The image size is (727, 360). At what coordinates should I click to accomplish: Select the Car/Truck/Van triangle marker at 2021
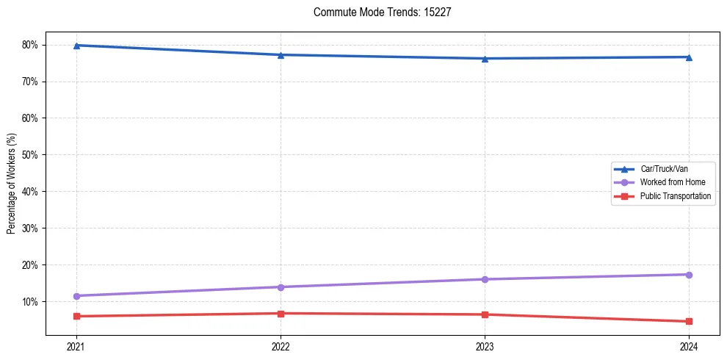[76, 46]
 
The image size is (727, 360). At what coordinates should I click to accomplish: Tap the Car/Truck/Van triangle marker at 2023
[485, 58]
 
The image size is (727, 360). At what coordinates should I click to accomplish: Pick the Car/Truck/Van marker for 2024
[689, 57]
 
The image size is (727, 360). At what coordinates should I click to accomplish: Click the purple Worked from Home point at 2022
[281, 287]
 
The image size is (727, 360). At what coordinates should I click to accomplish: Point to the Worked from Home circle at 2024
[689, 275]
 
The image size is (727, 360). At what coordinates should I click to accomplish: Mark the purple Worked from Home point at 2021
[76, 296]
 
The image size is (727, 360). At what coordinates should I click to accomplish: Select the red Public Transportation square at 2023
[485, 314]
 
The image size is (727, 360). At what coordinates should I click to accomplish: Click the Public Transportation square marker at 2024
[689, 321]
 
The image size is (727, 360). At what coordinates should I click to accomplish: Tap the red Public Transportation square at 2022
[281, 314]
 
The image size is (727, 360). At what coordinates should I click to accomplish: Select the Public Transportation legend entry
[675, 196]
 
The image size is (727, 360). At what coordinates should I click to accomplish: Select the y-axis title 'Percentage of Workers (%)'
[11, 184]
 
